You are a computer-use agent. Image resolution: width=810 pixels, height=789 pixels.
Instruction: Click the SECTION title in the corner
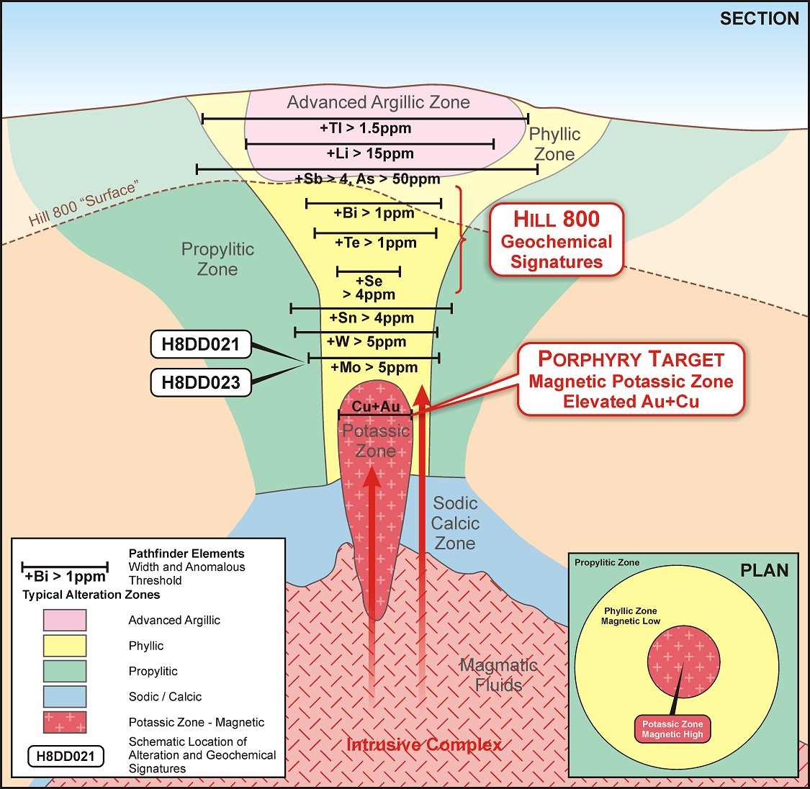759,19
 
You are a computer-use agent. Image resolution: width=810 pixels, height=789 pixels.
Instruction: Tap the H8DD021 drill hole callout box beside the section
200,344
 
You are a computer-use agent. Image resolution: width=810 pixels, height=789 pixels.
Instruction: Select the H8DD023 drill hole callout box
200,382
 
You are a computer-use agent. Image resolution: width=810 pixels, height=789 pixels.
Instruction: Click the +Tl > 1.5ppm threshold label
365,129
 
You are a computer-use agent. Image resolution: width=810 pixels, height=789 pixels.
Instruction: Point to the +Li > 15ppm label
370,153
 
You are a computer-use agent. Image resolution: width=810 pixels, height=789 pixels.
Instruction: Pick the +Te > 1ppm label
375,243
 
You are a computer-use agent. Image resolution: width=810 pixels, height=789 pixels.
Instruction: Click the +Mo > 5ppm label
374,368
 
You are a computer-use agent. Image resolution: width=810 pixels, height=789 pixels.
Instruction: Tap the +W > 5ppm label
366,342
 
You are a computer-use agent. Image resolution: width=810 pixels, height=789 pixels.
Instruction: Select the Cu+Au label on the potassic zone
375,407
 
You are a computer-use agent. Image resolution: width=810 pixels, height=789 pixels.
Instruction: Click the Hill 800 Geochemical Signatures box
556,240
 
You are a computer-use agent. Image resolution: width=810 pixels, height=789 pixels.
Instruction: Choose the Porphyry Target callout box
631,379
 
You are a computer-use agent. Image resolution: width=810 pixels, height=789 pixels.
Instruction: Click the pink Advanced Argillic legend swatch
65,620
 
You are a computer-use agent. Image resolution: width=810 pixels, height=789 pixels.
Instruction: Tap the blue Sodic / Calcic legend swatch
65,696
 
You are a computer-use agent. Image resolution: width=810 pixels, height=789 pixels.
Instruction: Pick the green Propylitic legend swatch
65,671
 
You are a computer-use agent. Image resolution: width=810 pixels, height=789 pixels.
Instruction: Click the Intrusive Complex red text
424,744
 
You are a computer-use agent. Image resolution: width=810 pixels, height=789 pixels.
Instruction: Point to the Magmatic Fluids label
498,675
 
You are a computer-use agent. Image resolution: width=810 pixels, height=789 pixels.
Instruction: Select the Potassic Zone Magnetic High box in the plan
672,729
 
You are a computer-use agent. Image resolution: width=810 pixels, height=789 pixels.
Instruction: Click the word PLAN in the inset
764,571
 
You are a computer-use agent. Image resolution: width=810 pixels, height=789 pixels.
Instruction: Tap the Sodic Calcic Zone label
455,523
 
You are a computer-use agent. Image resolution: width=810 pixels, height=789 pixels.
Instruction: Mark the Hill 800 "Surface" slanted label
83,205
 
